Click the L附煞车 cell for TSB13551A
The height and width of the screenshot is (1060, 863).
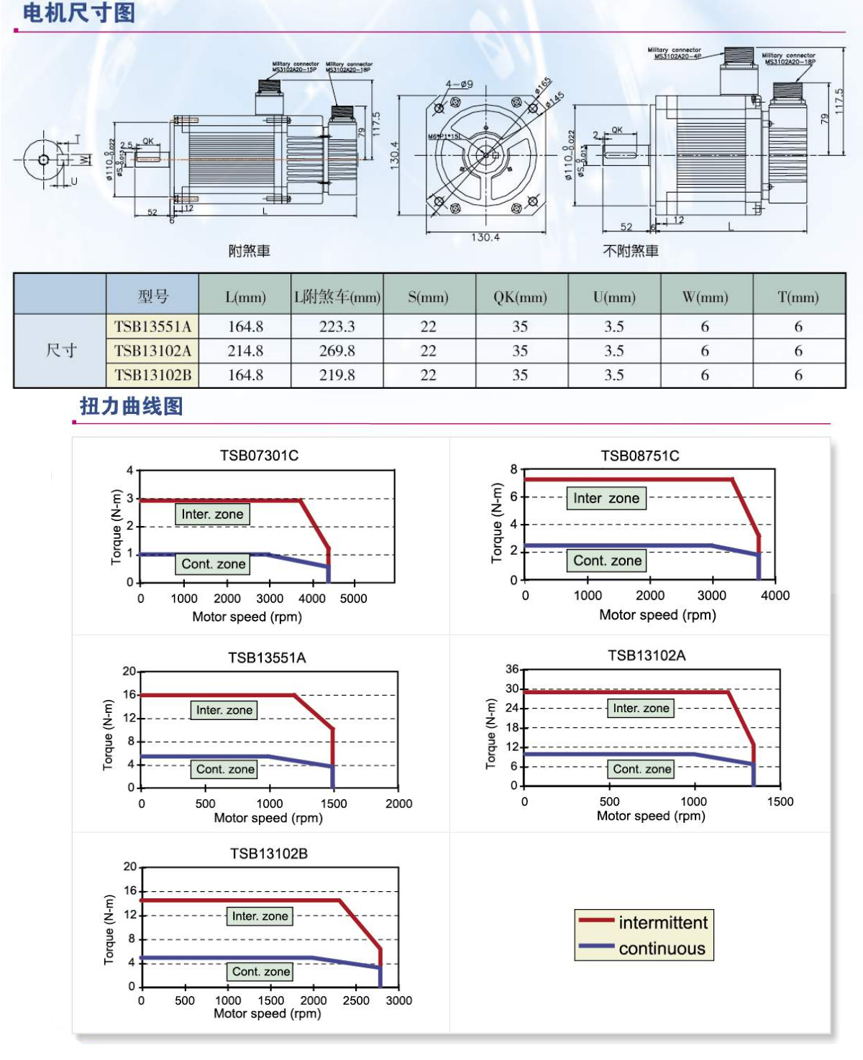pyautogui.click(x=337, y=327)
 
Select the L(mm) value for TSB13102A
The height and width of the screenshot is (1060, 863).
pyautogui.click(x=245, y=351)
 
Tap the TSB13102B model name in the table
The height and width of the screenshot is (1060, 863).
pyautogui.click(x=152, y=375)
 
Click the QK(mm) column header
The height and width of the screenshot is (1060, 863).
pyautogui.click(x=520, y=297)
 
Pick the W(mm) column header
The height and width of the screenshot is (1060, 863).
pyautogui.click(x=705, y=297)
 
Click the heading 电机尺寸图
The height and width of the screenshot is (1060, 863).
pyautogui.click(x=78, y=13)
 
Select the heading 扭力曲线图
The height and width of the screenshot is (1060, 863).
pyautogui.click(x=132, y=406)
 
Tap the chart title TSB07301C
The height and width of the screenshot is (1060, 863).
pyautogui.click(x=259, y=456)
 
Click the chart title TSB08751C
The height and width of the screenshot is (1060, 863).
pyautogui.click(x=639, y=456)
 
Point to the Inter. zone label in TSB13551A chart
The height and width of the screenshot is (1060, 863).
pyautogui.click(x=224, y=710)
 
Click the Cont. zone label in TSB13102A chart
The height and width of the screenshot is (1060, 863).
pyautogui.click(x=641, y=769)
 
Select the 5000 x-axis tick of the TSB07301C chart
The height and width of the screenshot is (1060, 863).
pyautogui.click(x=353, y=599)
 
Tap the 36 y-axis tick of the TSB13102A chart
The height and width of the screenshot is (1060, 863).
pyautogui.click(x=512, y=669)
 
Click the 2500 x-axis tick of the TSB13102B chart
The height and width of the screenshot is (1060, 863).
pyautogui.click(x=356, y=1000)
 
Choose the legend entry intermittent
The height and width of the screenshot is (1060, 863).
pyautogui.click(x=662, y=923)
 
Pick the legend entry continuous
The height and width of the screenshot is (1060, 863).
pyautogui.click(x=662, y=949)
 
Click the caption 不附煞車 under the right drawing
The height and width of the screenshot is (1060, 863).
pyautogui.click(x=630, y=251)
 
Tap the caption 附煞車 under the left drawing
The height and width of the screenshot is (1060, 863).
pyautogui.click(x=249, y=251)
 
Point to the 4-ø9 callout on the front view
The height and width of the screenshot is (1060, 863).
pyautogui.click(x=459, y=84)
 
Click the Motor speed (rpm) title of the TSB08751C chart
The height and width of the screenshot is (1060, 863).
pyautogui.click(x=657, y=615)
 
